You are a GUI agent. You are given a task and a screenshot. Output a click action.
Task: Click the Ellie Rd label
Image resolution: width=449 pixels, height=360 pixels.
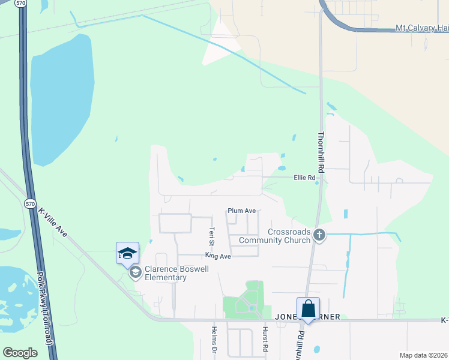304,178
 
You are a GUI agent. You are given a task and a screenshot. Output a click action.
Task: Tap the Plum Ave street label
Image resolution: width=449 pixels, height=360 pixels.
242,211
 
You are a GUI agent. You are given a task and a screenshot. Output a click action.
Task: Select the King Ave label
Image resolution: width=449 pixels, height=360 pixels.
218,256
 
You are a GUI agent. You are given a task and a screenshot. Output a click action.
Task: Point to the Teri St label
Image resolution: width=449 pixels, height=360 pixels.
211,236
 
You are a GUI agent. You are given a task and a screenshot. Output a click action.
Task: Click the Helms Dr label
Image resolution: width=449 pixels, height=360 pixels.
214,339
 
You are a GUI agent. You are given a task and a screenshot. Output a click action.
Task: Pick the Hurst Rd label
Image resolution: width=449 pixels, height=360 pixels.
265,339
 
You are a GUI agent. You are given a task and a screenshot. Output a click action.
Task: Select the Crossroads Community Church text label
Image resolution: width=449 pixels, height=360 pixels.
274,236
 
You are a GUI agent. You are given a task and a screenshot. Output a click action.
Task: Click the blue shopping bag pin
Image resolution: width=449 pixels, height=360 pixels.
308,308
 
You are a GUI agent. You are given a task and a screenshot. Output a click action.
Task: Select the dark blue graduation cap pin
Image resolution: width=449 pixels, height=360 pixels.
127,253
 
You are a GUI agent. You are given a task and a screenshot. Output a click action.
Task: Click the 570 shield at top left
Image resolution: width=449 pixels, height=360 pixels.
22,4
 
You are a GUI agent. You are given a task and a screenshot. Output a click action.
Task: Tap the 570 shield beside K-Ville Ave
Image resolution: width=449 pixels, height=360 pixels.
30,204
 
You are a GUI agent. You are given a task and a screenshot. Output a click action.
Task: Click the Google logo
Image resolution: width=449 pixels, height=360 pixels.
20,352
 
